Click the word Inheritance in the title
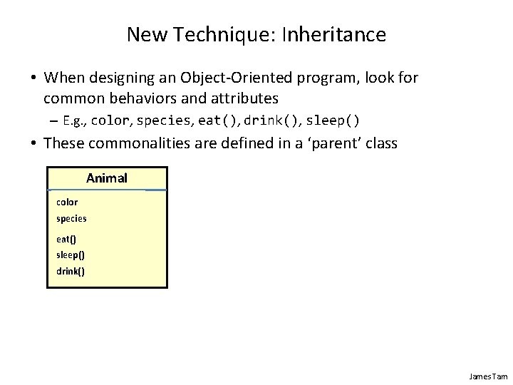coord(334,34)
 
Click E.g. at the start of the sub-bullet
coord(76,119)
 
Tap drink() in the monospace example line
coord(271,119)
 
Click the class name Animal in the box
coord(107,178)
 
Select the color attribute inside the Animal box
coord(67,202)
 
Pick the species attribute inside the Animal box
coord(71,219)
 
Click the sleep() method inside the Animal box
coord(69,255)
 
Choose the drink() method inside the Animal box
coord(70,271)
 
